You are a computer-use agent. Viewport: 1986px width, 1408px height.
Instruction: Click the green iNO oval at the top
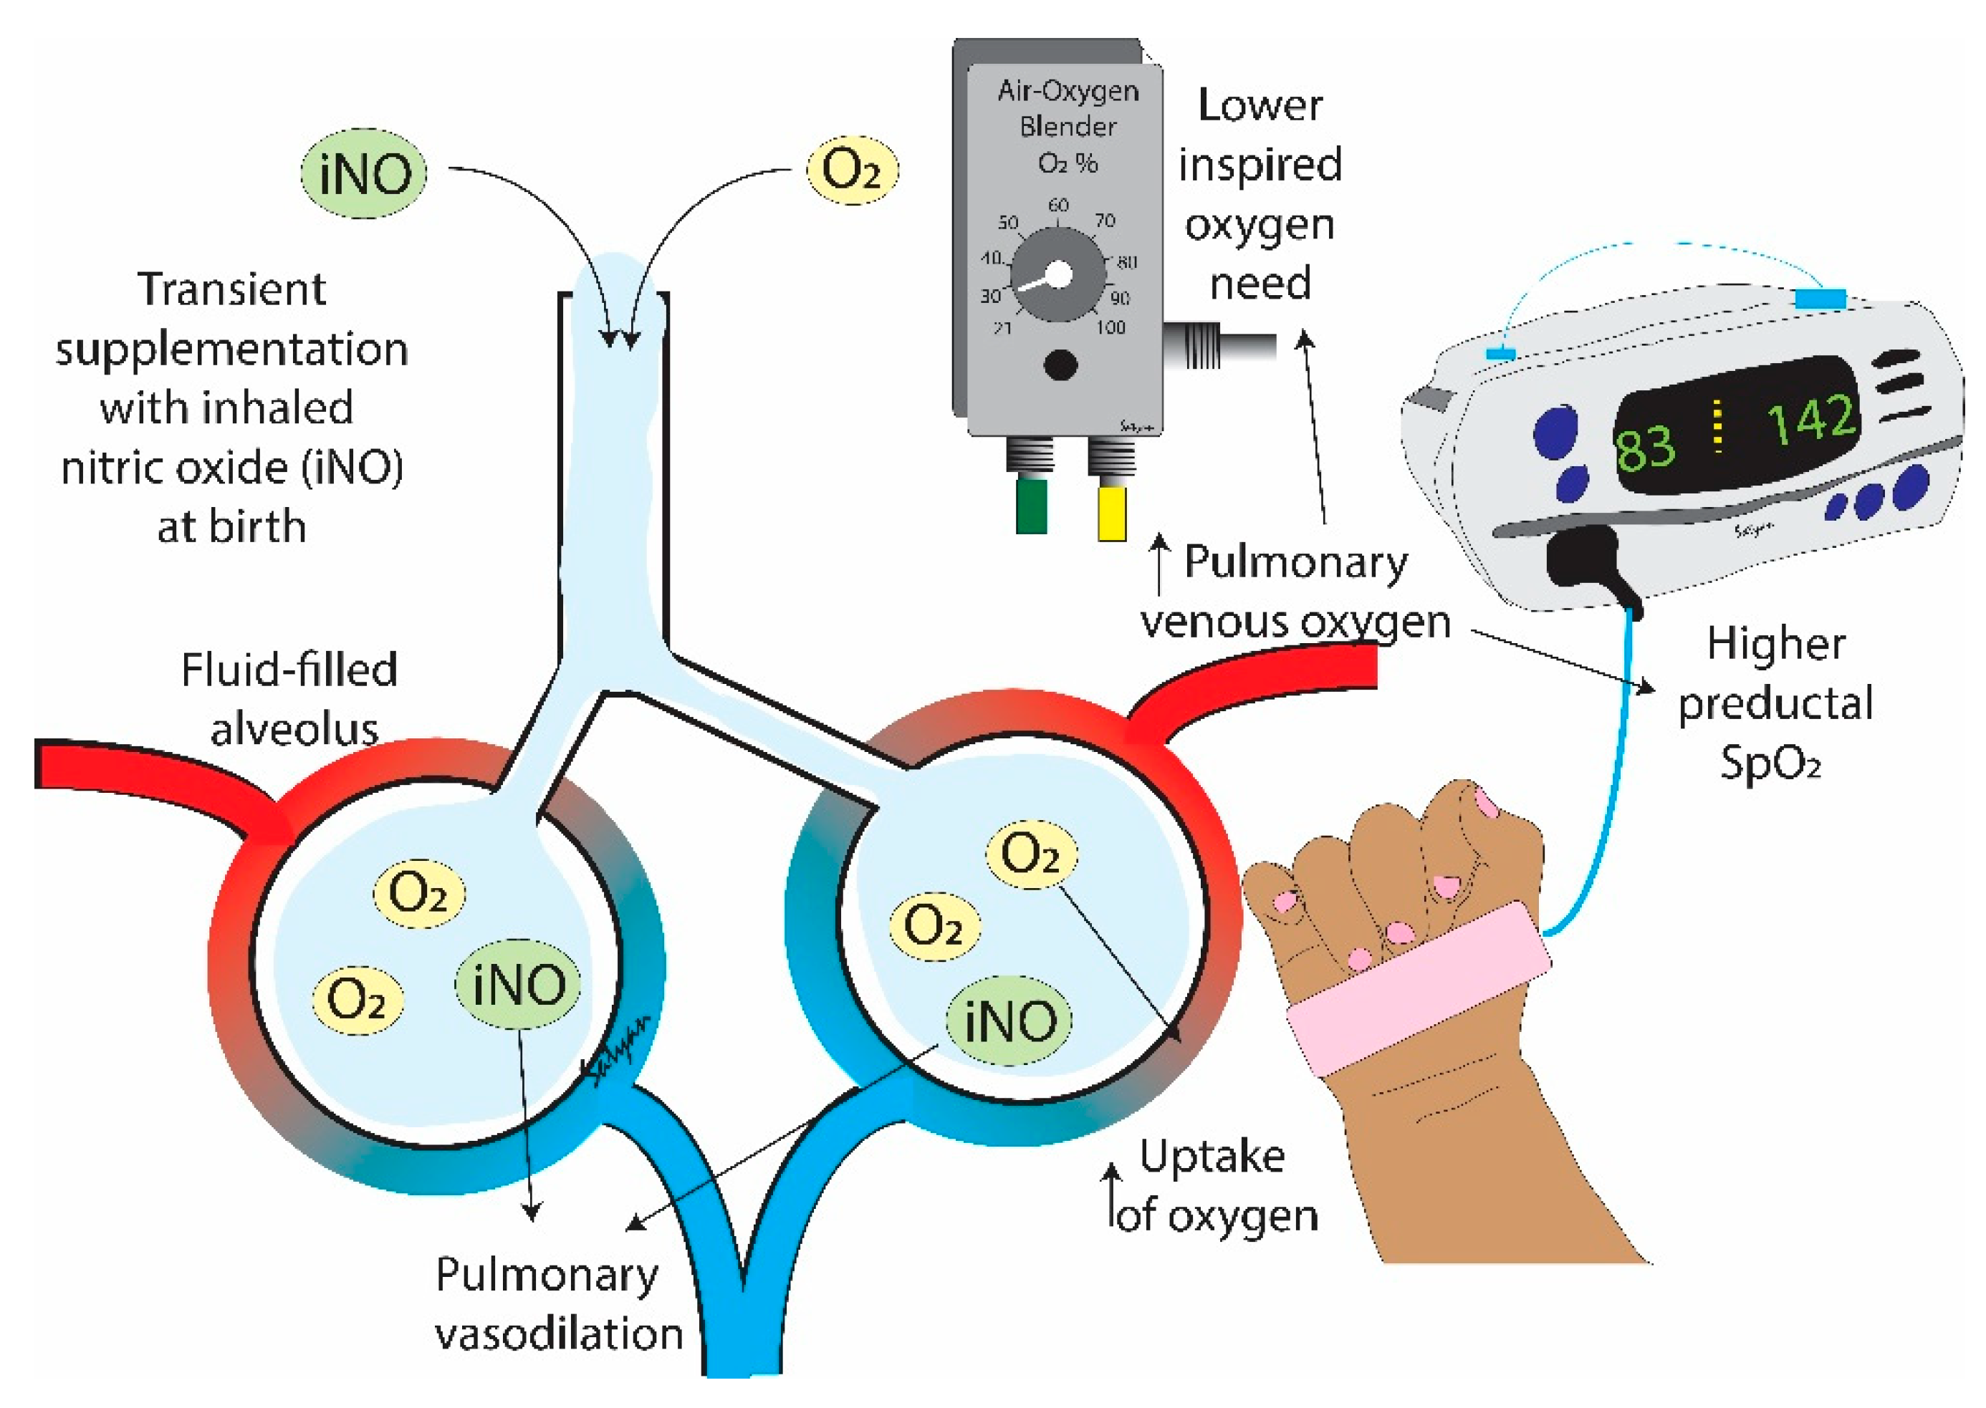coord(364,173)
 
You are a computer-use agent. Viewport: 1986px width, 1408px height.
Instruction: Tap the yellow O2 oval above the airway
coord(852,169)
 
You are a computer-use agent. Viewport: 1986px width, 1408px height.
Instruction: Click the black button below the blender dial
coord(1060,365)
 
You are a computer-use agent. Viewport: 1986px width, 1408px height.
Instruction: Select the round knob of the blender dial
coord(1059,276)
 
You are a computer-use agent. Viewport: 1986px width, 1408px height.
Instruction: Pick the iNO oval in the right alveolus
coord(1009,1021)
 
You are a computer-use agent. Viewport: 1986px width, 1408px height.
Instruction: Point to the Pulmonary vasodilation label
coord(557,1304)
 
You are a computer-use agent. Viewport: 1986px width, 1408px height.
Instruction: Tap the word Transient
coord(231,289)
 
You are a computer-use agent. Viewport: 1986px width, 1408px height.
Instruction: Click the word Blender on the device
coord(1068,127)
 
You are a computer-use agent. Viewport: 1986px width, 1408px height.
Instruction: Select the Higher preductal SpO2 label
coord(1775,703)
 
